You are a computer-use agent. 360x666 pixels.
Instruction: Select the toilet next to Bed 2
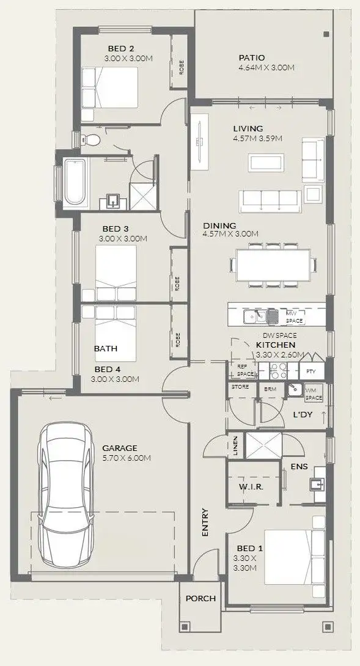[92, 140]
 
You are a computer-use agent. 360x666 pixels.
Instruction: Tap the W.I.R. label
[251, 487]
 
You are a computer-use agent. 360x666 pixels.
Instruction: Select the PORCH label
[200, 598]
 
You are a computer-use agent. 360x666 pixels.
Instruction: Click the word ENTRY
[205, 522]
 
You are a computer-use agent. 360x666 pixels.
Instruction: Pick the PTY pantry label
[311, 371]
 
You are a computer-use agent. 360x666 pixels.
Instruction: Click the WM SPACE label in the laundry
[313, 394]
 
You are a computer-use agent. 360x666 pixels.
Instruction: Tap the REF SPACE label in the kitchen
[245, 370]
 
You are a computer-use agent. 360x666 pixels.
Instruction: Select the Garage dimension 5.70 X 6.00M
[127, 458]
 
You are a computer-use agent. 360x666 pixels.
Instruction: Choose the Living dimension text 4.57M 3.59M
[257, 138]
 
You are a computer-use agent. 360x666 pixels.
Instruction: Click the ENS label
[299, 466]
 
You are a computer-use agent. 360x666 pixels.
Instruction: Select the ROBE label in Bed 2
[181, 67]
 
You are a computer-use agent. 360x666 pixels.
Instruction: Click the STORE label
[240, 387]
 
